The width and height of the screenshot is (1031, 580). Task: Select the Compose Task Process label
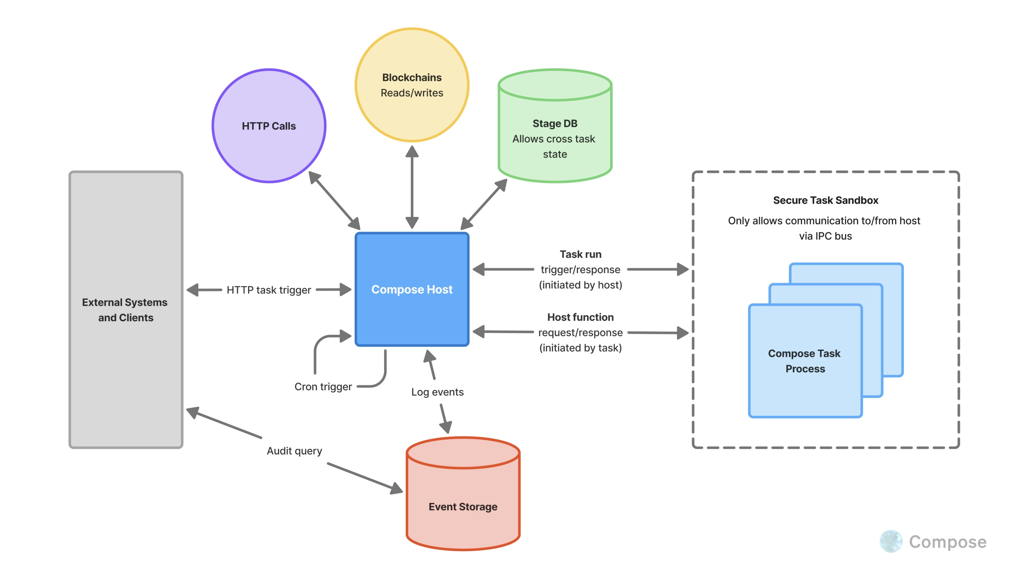805,361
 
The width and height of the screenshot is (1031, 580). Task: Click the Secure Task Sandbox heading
825,200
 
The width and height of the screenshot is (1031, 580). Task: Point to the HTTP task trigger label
269,290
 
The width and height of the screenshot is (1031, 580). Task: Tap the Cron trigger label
323,387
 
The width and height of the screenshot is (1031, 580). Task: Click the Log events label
437,392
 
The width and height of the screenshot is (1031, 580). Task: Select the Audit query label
294,451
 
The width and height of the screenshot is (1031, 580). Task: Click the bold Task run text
580,254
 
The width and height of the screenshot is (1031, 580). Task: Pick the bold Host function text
580,317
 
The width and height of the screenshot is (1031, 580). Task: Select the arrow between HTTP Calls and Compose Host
334,200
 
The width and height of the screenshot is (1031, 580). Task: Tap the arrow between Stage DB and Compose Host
484,204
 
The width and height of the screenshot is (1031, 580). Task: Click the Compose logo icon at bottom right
891,541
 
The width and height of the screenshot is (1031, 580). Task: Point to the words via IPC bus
825,236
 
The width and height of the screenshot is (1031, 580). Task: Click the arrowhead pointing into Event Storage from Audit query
396,489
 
